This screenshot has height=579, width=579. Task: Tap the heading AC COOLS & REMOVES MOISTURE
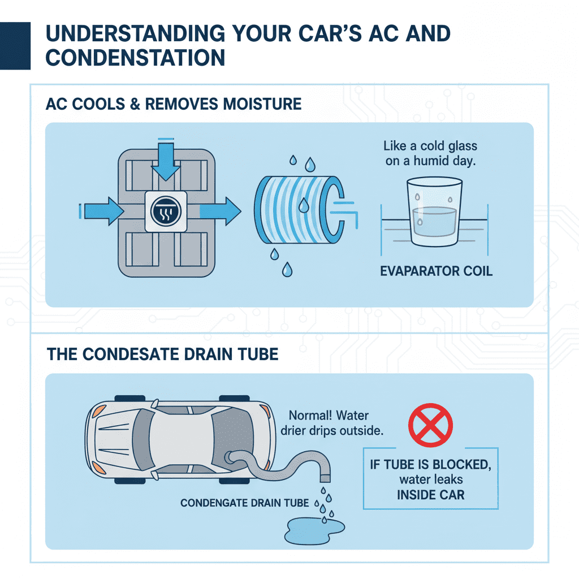(174, 104)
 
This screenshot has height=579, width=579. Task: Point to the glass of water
(434, 214)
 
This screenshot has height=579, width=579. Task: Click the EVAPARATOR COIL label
(436, 271)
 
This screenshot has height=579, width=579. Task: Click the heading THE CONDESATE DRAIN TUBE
(163, 355)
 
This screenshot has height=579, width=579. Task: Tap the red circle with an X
(431, 424)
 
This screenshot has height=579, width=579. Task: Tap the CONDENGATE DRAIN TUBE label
(244, 503)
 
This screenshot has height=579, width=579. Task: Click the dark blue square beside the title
(15, 45)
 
